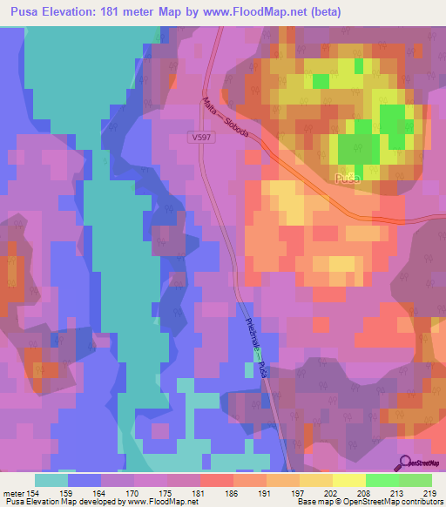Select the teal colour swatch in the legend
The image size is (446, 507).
click(x=51, y=479)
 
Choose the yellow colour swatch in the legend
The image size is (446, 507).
click(x=348, y=479)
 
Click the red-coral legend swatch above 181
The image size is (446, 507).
click(x=216, y=479)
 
